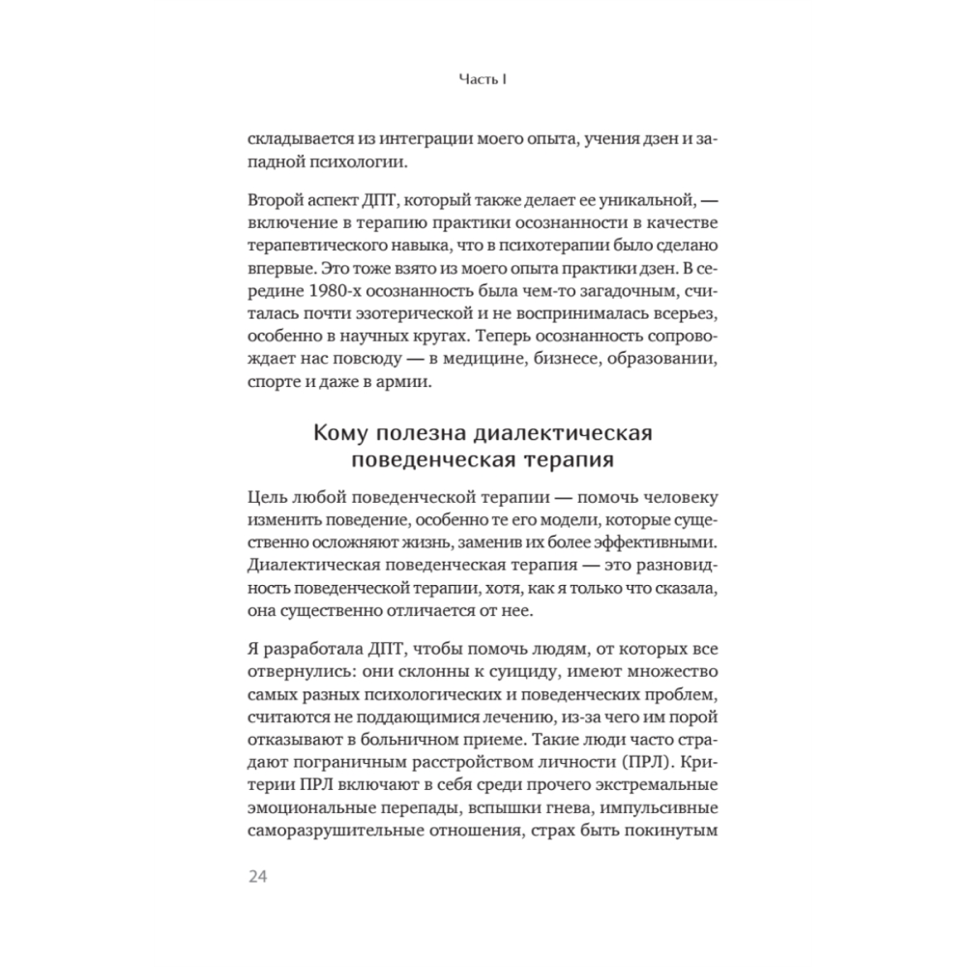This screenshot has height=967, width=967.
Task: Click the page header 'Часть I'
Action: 483,83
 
